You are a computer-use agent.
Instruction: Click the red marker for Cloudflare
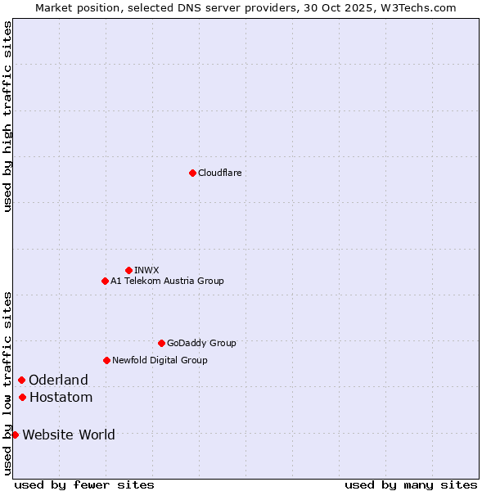pos(192,173)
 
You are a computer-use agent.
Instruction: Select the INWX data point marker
pos(128,270)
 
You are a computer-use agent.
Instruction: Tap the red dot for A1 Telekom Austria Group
pos(105,281)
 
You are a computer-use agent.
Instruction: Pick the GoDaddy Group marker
pos(161,343)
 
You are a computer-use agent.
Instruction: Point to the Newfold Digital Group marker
pos(106,360)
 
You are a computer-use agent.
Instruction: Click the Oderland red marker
pos(21,380)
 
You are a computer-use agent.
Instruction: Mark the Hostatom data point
pos(22,397)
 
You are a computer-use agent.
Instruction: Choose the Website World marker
pos(15,435)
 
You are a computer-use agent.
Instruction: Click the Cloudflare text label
pos(220,173)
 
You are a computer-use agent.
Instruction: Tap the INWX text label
pos(146,270)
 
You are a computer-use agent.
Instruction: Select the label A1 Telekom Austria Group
pos(167,281)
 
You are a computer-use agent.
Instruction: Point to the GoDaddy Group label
pos(201,343)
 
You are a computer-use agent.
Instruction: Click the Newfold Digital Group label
pos(160,360)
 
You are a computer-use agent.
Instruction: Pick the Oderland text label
pos(58,380)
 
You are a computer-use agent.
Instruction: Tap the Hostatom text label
pos(61,397)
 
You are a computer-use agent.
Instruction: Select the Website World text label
pos(69,435)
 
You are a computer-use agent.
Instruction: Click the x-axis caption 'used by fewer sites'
pos(84,484)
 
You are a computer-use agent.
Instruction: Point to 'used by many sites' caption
pos(411,484)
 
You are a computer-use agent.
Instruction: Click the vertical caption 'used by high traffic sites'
pos(7,116)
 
